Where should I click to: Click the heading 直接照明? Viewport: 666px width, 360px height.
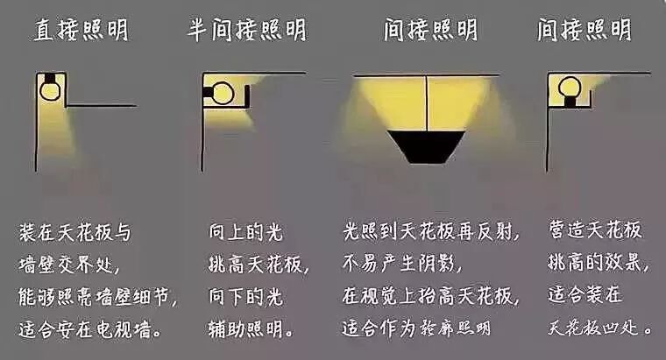pyautogui.click(x=81, y=30)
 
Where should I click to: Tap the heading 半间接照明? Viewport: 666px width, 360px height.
pyautogui.click(x=247, y=30)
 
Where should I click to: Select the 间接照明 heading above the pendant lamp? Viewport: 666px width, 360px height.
pyautogui.click(x=429, y=30)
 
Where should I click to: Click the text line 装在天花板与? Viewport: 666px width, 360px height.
pyautogui.click(x=74, y=233)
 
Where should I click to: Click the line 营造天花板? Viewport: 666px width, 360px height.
pyautogui.click(x=595, y=231)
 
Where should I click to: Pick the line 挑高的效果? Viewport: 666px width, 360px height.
pyautogui.click(x=595, y=264)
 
